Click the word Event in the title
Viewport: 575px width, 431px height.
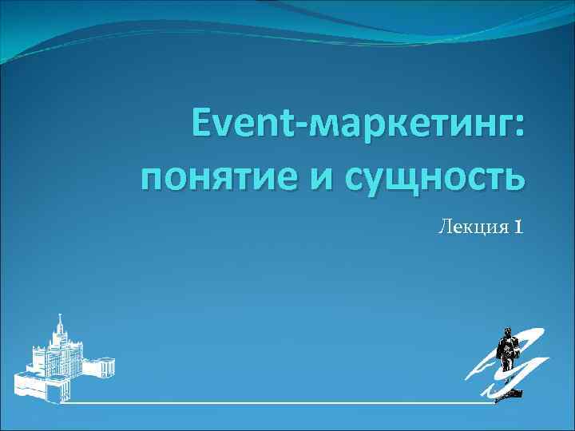pyautogui.click(x=240, y=128)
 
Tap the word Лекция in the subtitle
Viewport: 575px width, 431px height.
pyautogui.click(x=471, y=228)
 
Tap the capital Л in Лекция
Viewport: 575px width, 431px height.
pyautogui.click(x=444, y=229)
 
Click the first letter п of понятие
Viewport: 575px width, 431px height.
pyautogui.click(x=153, y=177)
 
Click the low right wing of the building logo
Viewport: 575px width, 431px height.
pyautogui.click(x=102, y=368)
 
